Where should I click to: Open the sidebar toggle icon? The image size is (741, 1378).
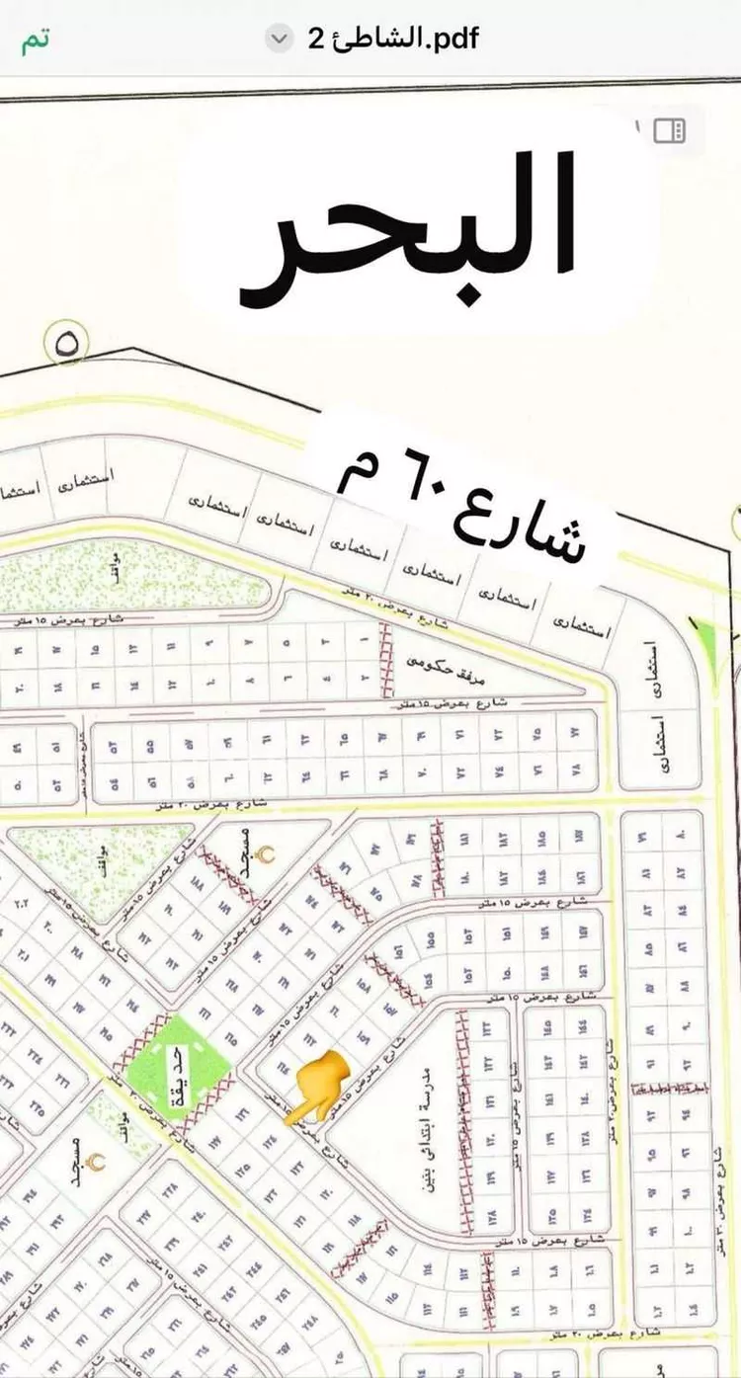click(x=670, y=131)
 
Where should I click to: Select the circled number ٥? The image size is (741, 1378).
click(x=67, y=345)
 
